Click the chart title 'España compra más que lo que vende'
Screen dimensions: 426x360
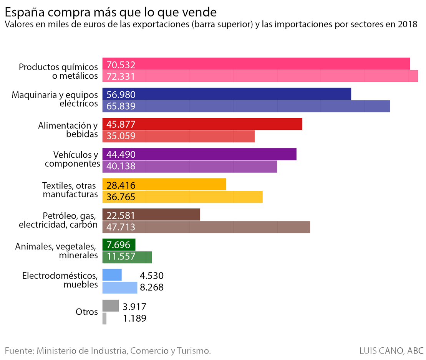coord(111,13)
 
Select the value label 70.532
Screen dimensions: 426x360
coord(121,65)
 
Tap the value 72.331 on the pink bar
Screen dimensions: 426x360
coord(121,76)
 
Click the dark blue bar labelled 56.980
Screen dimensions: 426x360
coord(227,94)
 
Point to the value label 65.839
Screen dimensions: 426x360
coord(121,106)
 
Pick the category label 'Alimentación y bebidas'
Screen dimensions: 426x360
coord(68,130)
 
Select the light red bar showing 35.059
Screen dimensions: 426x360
coord(179,136)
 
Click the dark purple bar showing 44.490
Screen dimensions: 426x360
coord(199,154)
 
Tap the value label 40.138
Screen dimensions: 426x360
coord(121,166)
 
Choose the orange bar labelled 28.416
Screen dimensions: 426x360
coord(164,184)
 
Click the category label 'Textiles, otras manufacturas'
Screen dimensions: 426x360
coord(70,190)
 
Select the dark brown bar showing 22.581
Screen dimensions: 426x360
coord(151,215)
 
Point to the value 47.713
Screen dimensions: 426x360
coord(121,227)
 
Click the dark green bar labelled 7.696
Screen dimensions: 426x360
coord(119,244)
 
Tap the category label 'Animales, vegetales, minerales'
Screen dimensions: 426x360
coord(56,251)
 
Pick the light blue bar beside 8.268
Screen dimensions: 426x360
coord(120,287)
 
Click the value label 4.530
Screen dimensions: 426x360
coord(152,276)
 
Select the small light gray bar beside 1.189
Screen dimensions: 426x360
coord(104,319)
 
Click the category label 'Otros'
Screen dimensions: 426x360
coord(87,312)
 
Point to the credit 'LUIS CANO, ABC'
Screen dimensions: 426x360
coord(391,351)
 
